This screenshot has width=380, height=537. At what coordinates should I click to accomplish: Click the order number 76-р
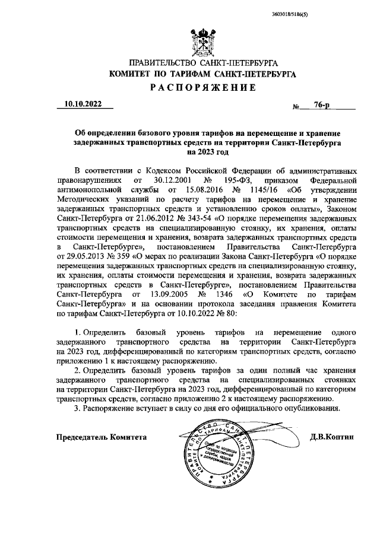(x=323, y=104)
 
